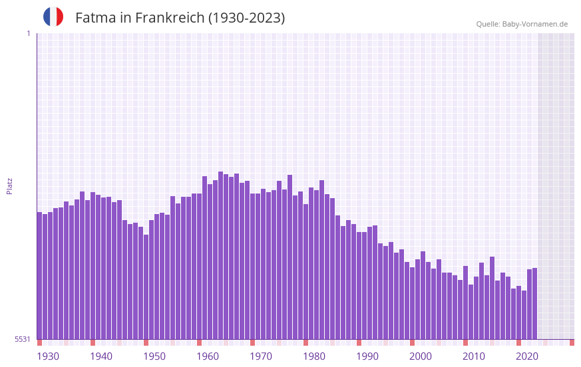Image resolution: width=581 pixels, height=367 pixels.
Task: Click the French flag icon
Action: click(53, 17)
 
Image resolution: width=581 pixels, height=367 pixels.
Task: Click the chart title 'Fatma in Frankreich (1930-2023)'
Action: click(180, 18)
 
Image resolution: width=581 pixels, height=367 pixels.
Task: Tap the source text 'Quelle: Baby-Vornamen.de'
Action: click(522, 24)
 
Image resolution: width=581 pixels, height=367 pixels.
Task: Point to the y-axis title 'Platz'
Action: click(9, 185)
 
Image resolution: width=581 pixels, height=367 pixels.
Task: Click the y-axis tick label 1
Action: click(28, 33)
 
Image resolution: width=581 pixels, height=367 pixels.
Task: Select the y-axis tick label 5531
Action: click(23, 339)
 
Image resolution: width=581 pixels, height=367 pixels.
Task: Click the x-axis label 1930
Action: click(48, 356)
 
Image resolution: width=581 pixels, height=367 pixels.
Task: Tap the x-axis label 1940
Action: click(101, 356)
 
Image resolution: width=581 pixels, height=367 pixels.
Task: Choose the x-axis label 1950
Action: click(154, 356)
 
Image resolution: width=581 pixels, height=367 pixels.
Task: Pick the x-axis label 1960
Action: click(208, 356)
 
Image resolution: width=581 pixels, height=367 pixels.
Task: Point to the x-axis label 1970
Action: click(261, 356)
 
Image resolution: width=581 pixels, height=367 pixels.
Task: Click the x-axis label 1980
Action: click(314, 356)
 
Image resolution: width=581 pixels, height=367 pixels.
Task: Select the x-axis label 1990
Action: click(367, 356)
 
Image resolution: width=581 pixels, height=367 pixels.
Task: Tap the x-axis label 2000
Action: click(421, 356)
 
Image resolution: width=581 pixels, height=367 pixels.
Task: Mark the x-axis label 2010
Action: click(474, 356)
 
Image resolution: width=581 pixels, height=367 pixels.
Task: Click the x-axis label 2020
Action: click(527, 356)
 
